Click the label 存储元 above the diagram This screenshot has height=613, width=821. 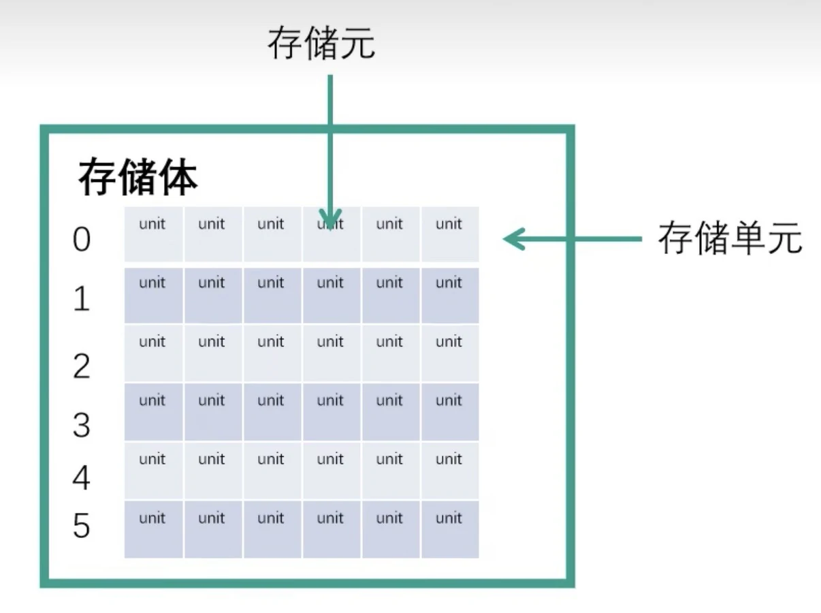coord(321,44)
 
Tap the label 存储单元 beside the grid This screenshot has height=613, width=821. coord(730,239)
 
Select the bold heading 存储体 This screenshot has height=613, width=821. coord(138,178)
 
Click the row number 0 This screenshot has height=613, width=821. coord(82,240)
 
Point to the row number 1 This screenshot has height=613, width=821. coord(82,299)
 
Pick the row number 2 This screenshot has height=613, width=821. coord(82,366)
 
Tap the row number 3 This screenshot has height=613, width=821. coord(82,425)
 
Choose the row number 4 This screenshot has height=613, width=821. coord(82,477)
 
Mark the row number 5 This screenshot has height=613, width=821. coord(82,526)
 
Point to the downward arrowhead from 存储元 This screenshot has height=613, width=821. coord(330,219)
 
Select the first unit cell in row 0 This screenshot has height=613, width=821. coord(153,234)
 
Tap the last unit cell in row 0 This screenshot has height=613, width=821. coord(449,234)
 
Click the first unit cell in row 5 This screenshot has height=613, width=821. coord(153,529)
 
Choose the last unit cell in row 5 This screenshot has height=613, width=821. coord(449,529)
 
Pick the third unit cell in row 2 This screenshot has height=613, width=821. coord(272,353)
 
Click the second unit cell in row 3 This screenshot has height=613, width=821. coord(212,411)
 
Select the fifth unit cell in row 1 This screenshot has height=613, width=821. coord(390,294)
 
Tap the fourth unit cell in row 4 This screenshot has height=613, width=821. coord(331,470)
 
